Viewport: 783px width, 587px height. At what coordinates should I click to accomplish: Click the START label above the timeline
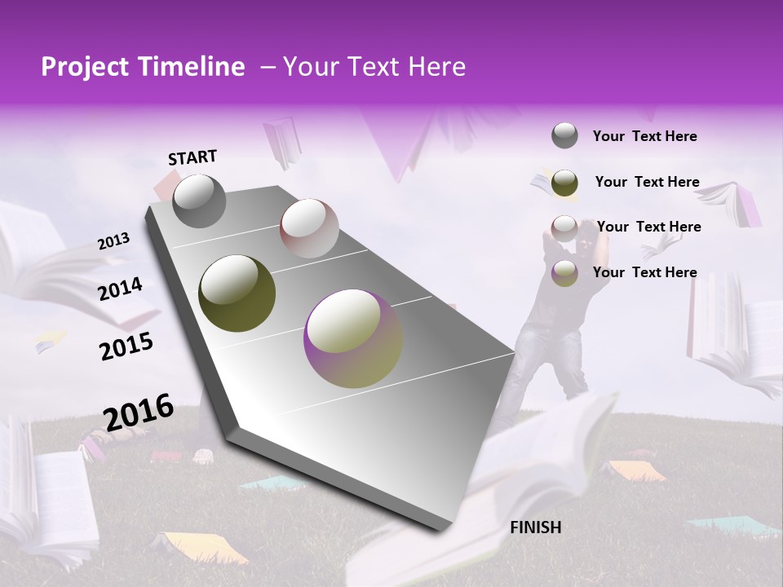tap(192, 157)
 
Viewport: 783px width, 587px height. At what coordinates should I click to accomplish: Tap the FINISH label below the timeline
tap(535, 527)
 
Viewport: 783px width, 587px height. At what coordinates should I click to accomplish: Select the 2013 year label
tap(113, 241)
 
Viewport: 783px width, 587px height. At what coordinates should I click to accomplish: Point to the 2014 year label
tap(120, 289)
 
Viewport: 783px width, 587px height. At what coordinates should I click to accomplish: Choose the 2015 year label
tap(126, 347)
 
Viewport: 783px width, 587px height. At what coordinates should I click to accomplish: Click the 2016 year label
tap(139, 411)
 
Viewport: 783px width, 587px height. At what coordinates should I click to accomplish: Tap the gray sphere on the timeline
tap(199, 201)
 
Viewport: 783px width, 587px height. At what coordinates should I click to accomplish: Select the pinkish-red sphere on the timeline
tap(309, 228)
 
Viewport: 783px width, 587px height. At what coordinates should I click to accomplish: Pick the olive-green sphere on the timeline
tap(237, 293)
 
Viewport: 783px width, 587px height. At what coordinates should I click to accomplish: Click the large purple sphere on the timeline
tap(353, 338)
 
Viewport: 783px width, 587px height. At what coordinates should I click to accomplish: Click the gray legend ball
tap(564, 136)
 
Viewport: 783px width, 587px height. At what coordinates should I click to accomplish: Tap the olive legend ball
tap(564, 183)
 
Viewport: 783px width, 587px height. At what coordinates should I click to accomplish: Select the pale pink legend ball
tap(564, 227)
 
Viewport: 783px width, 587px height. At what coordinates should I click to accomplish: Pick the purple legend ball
tap(564, 273)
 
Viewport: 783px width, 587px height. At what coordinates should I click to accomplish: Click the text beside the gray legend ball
tap(644, 136)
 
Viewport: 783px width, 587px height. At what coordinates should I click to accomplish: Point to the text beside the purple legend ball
tap(644, 272)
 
